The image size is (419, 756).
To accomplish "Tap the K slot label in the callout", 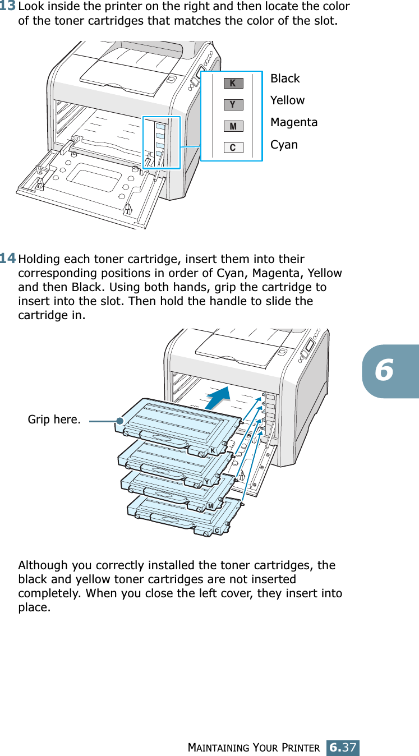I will [x=233, y=84].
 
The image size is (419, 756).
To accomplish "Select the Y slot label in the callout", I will [x=233, y=105].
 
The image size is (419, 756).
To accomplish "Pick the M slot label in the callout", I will [x=233, y=127].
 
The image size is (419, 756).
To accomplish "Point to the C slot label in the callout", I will [x=233, y=148].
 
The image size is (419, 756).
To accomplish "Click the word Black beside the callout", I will [x=285, y=79].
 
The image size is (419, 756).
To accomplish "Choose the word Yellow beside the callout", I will [x=287, y=100].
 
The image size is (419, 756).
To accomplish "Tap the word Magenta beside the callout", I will [x=294, y=122].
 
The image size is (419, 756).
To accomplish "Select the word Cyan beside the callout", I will [x=284, y=145].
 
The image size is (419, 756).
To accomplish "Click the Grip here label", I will [x=54, y=420].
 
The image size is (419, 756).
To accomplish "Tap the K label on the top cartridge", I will [x=213, y=451].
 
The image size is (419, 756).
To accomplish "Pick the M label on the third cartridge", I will [x=210, y=506].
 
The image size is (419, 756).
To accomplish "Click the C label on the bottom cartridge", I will [x=216, y=530].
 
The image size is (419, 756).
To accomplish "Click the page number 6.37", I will [x=343, y=748].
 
